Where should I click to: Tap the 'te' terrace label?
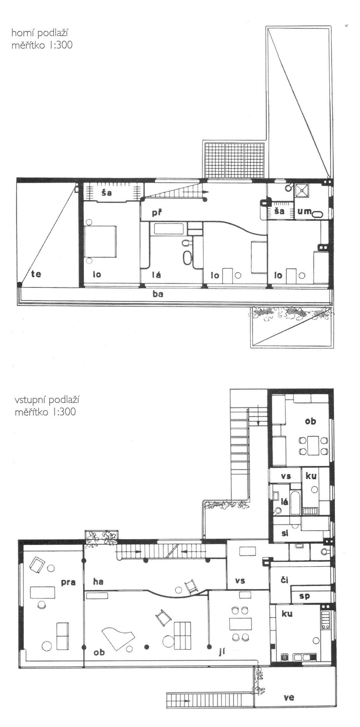tap(36, 274)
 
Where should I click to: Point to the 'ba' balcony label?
tap(158, 294)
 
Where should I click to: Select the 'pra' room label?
tap(68, 582)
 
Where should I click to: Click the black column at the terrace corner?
tap(20, 284)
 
